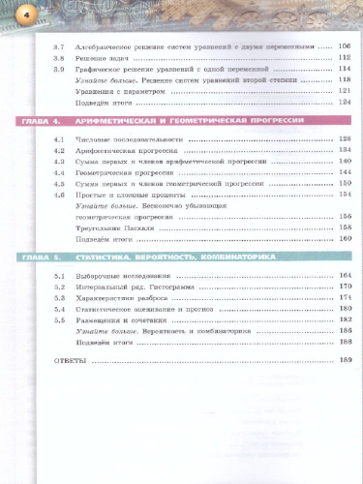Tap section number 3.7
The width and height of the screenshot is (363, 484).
58,45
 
